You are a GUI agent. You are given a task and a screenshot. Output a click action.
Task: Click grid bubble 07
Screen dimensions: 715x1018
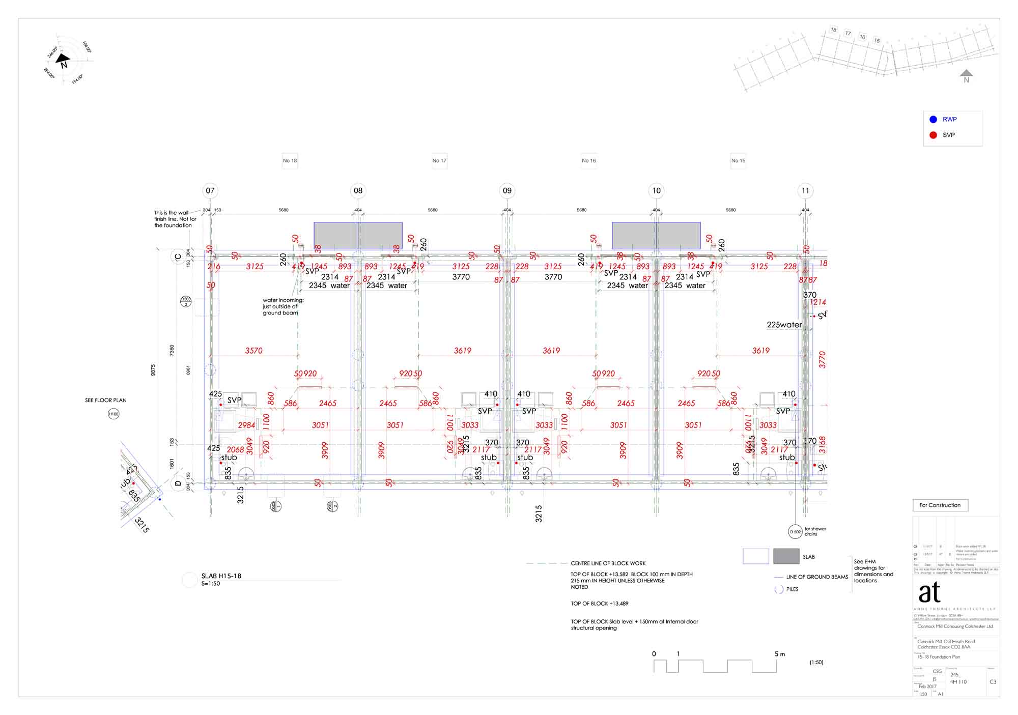pos(210,191)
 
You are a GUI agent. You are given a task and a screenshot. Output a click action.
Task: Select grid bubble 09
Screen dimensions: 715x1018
pos(507,191)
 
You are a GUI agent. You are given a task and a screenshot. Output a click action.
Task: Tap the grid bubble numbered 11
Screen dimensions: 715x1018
pos(805,191)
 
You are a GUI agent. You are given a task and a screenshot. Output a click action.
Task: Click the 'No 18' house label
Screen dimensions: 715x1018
pos(290,161)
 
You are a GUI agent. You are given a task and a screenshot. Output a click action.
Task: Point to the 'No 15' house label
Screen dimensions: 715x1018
pos(738,161)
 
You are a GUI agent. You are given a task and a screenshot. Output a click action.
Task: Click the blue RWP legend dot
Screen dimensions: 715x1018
pos(933,120)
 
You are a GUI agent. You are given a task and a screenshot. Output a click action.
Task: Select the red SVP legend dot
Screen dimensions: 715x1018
pos(933,135)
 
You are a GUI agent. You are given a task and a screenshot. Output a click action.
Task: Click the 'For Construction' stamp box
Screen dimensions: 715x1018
pos(940,505)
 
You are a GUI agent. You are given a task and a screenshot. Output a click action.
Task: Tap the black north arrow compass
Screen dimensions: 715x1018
pos(64,61)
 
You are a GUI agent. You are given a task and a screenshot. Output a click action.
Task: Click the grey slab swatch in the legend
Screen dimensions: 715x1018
pos(786,556)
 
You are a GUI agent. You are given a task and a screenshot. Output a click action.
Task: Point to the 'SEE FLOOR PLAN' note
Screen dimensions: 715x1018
pos(105,401)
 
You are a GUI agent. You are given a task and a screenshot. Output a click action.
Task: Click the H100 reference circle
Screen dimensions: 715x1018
pos(114,414)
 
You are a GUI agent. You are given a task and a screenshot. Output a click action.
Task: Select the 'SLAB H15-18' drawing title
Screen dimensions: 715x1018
pos(221,576)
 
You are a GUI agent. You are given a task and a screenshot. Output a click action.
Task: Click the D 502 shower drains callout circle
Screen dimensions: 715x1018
pos(795,532)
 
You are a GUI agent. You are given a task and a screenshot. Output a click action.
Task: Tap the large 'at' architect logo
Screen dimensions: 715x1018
pos(929,592)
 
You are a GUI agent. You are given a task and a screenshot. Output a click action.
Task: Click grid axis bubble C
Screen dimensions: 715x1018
pos(178,257)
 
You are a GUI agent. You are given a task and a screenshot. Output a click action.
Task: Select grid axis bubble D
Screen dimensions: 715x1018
pos(178,483)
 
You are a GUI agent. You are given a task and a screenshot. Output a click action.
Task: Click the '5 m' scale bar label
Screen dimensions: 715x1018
pos(779,654)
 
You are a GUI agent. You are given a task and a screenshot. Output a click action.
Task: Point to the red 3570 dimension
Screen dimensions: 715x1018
pos(253,351)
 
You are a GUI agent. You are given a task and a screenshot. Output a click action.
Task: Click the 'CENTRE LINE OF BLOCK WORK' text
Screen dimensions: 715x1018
pos(608,563)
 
